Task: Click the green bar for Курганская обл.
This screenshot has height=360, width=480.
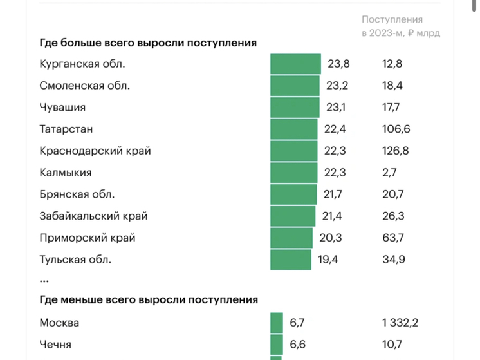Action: pos(295,64)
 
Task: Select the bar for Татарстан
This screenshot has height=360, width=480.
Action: pos(294,129)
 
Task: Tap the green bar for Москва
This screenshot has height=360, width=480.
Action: pos(277,323)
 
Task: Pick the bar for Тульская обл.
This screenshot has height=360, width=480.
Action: pos(291,260)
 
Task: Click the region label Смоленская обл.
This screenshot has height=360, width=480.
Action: pos(84,86)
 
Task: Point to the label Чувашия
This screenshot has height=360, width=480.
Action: pos(62,108)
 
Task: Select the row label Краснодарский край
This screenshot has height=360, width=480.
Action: pos(95,151)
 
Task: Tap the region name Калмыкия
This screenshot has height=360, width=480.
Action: pos(66,173)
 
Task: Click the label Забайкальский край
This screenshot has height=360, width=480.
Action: pos(93,216)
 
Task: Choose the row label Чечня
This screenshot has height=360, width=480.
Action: pos(55,344)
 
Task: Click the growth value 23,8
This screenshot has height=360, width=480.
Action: pos(338,64)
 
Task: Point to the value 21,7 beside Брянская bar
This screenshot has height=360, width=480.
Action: pos(335,194)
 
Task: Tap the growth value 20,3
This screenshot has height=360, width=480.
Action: pos(330,238)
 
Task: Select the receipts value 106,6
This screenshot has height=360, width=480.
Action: pos(396,129)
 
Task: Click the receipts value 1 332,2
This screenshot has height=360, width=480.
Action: pos(400,323)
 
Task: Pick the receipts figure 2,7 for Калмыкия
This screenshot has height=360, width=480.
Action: pos(389,173)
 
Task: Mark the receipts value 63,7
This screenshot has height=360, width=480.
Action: pos(393,238)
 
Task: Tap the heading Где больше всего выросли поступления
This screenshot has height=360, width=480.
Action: pos(148,43)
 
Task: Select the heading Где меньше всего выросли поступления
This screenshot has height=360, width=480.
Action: pos(149,299)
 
